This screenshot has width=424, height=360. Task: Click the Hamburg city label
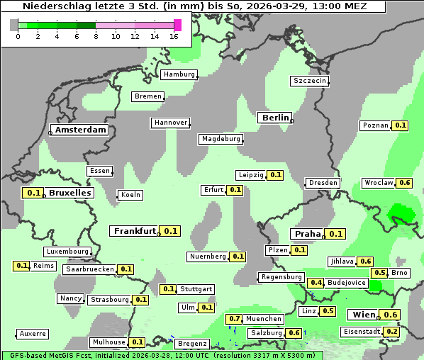coord(179,74)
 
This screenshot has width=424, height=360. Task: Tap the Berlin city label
coord(275,118)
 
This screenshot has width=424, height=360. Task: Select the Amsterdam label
coord(81,130)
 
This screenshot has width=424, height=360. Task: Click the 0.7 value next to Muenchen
coord(235,319)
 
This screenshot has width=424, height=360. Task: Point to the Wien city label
coord(362,315)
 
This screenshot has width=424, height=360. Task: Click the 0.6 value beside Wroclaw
coord(405,183)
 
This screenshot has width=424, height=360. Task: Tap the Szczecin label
coord(310,81)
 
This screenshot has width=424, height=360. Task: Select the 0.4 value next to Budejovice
coord(316,283)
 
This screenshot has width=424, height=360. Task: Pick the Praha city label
coord(308,234)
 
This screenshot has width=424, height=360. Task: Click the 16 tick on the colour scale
coord(174,36)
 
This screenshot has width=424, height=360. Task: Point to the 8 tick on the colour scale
coord(96,36)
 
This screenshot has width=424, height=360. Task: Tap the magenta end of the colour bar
coord(177,25)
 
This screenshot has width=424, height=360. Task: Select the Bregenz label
coord(192,344)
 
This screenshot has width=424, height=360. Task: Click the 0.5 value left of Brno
coord(380,273)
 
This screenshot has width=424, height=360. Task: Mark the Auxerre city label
coord(33,333)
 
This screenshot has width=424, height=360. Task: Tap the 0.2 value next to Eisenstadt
coord(392,332)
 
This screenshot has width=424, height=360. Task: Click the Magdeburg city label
coord(221,139)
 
